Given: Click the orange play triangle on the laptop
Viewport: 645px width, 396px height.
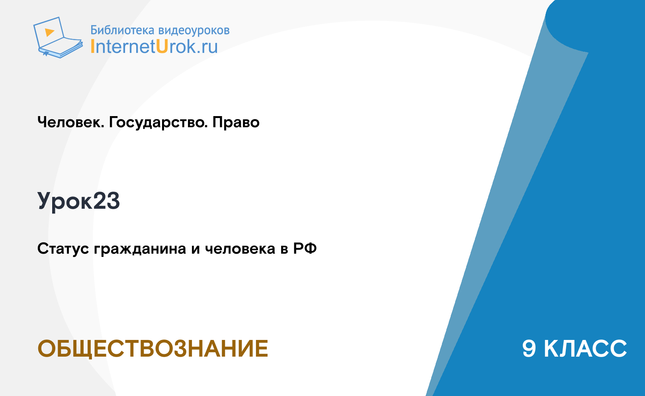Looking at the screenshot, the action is point(49,32).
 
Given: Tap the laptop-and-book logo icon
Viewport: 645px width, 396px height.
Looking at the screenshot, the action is point(58,37).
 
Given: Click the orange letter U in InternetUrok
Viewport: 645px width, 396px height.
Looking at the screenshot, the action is point(162,46).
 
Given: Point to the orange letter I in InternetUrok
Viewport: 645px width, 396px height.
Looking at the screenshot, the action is point(92,46).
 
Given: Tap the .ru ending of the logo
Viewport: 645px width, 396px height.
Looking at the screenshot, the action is point(207,47).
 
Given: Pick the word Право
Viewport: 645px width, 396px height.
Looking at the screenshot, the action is point(236,122).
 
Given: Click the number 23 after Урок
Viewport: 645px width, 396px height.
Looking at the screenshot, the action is point(106,201).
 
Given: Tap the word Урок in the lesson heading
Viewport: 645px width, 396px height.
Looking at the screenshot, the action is point(65,202).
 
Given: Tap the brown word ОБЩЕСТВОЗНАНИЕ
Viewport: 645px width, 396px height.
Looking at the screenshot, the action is point(152,349).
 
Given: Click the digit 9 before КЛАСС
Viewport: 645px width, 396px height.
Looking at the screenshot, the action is point(529,349).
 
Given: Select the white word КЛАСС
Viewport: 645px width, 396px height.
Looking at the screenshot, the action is point(585,349).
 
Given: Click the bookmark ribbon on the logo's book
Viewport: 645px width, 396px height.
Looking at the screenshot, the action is point(45,54).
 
